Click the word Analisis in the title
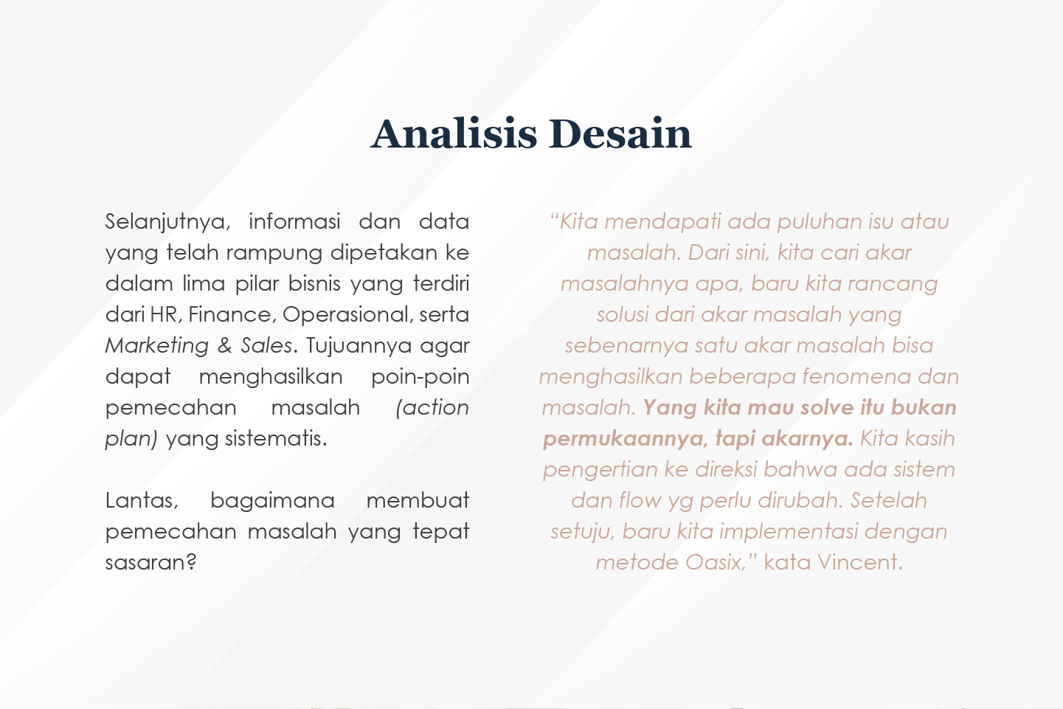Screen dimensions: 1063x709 454,134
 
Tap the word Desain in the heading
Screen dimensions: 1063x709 620,134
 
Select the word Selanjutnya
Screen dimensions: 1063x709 168,222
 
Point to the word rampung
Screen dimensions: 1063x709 274,253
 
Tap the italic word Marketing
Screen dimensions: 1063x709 157,346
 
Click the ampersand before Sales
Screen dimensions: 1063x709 224,346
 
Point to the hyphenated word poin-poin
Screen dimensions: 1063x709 420,377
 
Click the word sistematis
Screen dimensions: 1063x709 276,438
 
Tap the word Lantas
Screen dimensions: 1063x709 142,501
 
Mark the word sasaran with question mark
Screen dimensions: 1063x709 151,563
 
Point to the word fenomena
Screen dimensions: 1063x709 856,377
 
